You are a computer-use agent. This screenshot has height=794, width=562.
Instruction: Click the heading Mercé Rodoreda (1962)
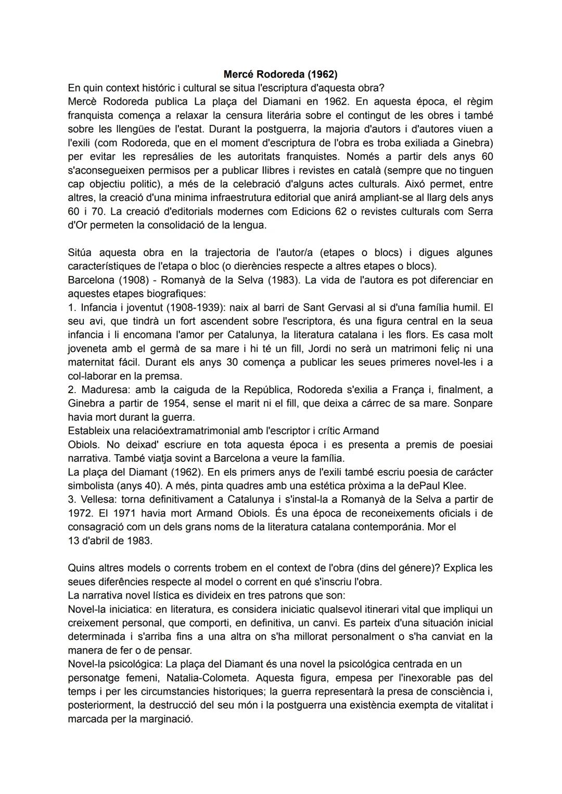point(280,74)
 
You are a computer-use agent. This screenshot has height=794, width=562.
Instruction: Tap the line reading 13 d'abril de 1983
point(110,540)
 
